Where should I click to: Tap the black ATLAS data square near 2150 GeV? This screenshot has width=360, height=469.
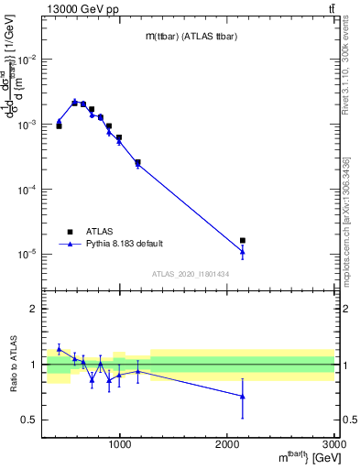click(x=243, y=240)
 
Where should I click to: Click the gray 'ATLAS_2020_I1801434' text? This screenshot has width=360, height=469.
click(x=191, y=274)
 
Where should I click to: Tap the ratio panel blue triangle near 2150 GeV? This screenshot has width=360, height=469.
click(x=243, y=397)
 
